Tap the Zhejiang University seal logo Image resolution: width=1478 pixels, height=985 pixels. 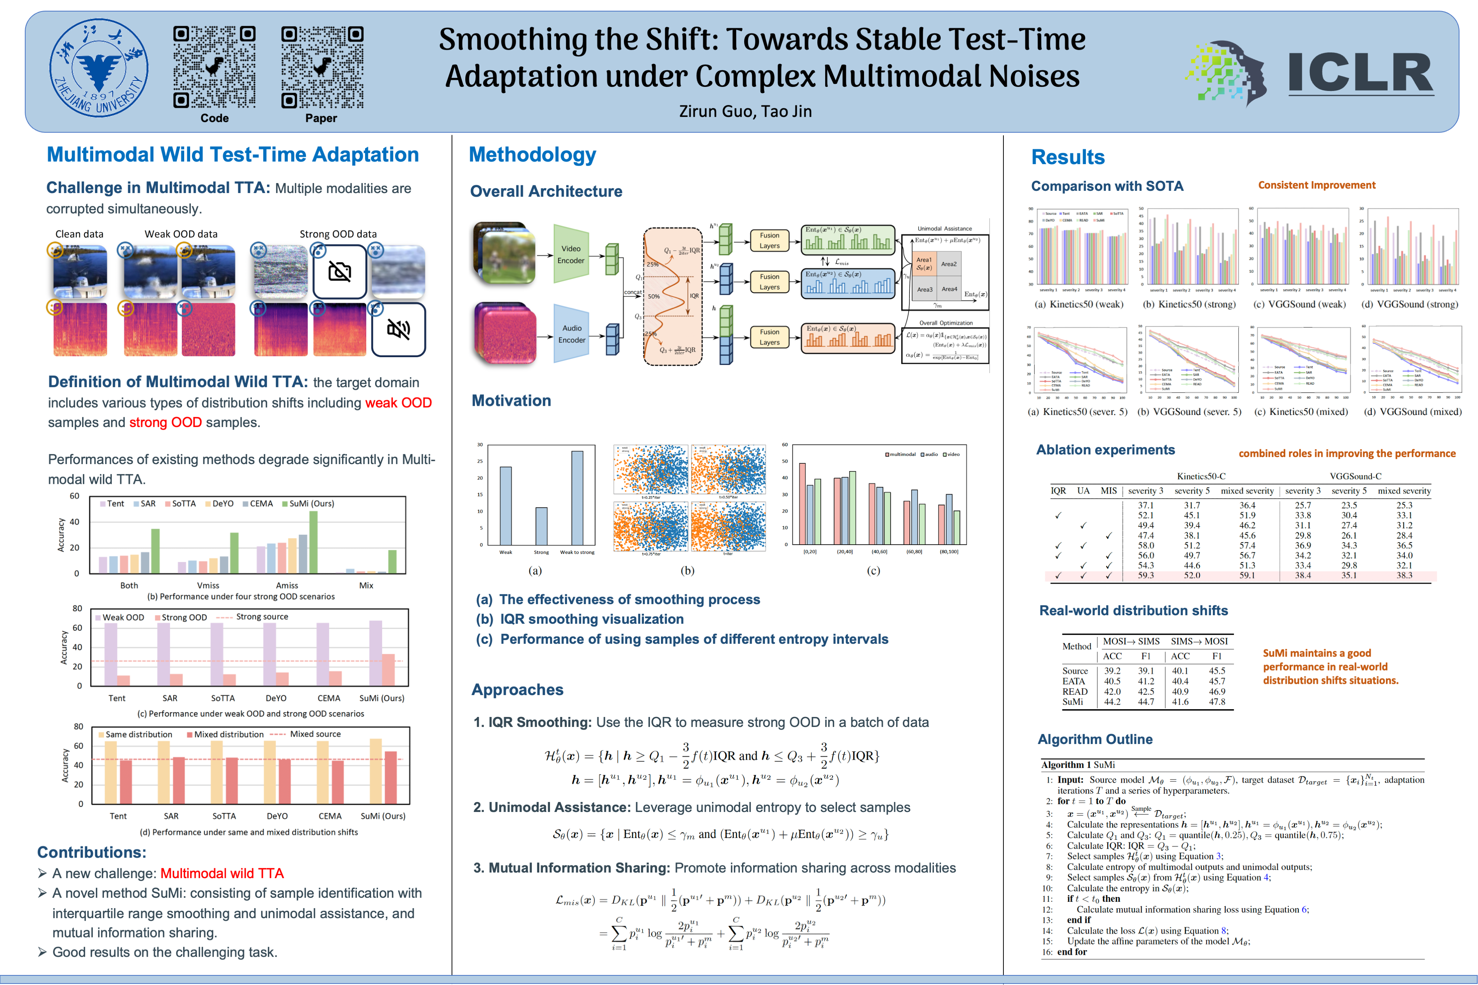(x=99, y=68)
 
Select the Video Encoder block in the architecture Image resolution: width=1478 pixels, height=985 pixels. (x=571, y=254)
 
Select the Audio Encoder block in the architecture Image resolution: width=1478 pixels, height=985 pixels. (x=571, y=333)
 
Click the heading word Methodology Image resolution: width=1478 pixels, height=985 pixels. (x=532, y=154)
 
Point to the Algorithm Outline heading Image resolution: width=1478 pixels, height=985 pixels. (x=1095, y=739)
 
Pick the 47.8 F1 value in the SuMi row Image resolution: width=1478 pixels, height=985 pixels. (x=1217, y=702)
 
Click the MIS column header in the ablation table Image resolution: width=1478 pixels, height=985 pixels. (x=1108, y=490)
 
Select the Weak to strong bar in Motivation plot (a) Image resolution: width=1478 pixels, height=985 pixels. (x=577, y=498)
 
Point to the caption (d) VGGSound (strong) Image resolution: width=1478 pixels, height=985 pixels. (x=1410, y=304)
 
